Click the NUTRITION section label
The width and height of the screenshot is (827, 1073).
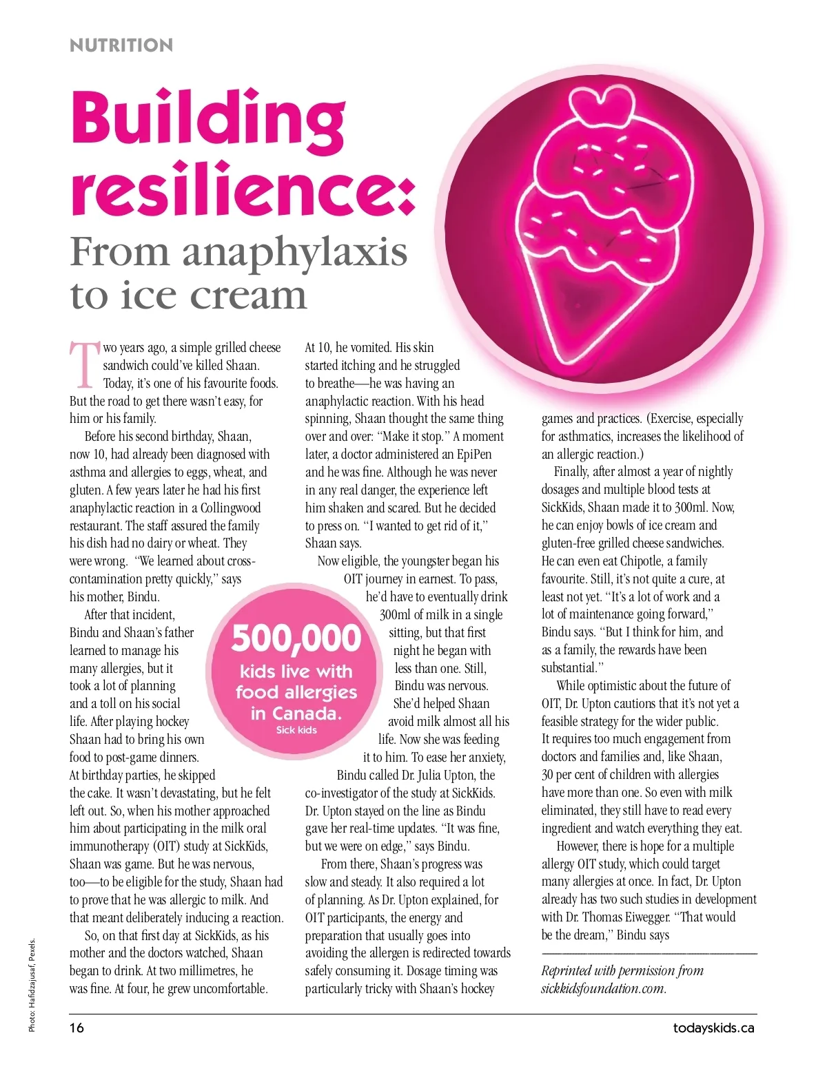point(121,45)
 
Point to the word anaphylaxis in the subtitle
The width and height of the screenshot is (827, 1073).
point(294,252)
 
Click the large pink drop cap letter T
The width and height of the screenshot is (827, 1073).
point(85,364)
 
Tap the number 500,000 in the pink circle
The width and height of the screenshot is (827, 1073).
point(296,638)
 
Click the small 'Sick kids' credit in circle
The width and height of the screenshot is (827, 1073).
point(296,730)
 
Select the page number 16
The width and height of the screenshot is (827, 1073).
point(76,1028)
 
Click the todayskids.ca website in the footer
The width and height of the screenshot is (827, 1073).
point(713,1028)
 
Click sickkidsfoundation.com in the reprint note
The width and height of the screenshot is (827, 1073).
point(603,989)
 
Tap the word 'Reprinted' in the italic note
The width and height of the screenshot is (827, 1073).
point(567,971)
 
